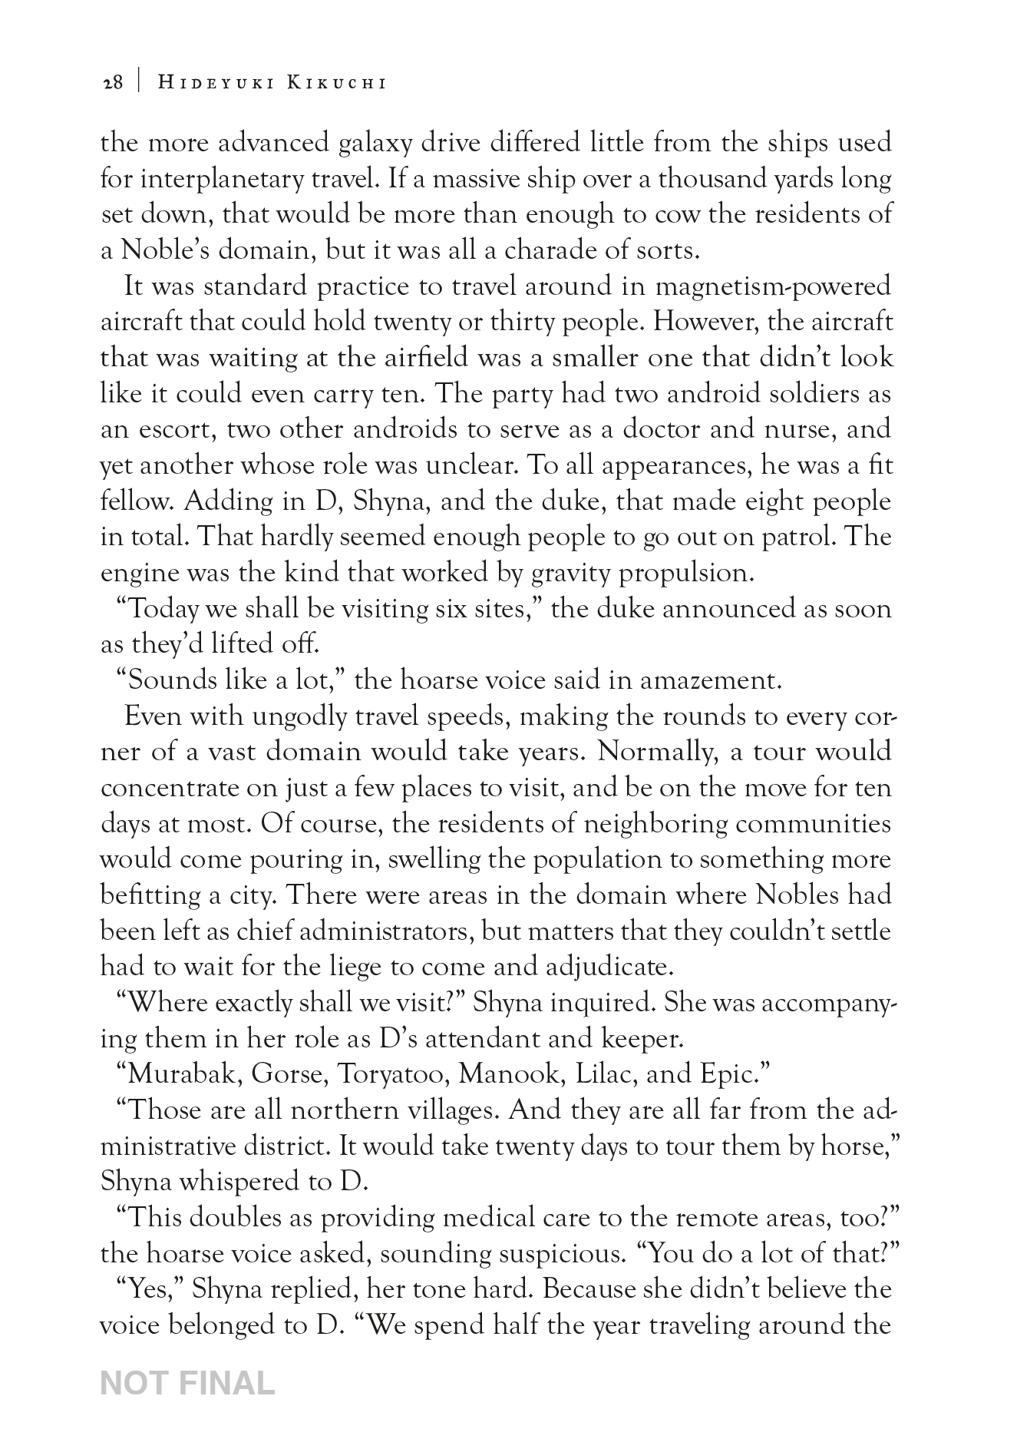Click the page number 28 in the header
112,83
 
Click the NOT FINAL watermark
187,1382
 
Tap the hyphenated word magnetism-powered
774,286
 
